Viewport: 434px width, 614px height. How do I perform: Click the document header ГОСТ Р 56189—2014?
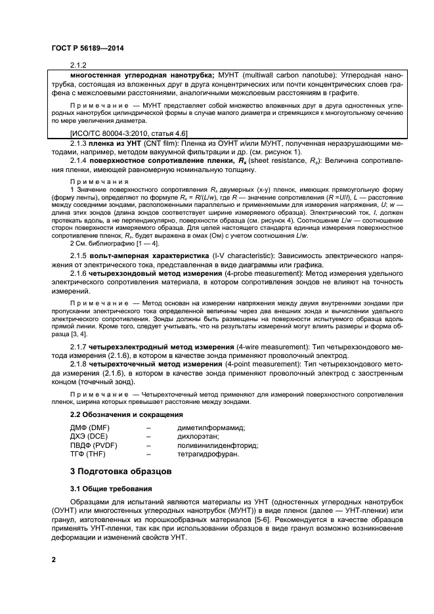(x=87, y=49)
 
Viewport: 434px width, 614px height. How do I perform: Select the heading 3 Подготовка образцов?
(x=121, y=471)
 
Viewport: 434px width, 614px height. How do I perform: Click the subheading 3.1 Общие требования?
(x=111, y=489)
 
